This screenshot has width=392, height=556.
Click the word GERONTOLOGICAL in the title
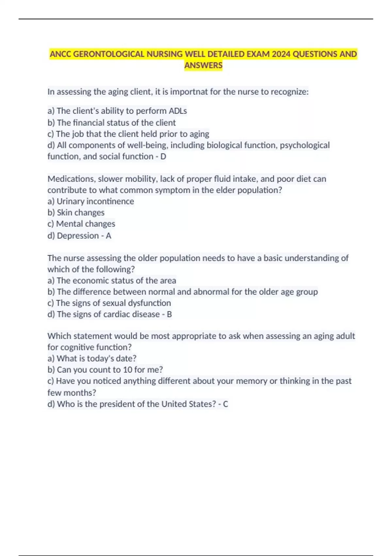(109, 54)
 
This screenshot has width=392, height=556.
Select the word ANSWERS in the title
(203, 65)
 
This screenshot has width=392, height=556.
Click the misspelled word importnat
(189, 92)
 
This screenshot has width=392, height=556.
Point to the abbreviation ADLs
(178, 111)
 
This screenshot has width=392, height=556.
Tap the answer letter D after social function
(163, 156)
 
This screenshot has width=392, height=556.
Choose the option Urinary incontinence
(95, 201)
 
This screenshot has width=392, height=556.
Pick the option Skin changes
(80, 213)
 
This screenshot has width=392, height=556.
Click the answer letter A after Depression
(108, 235)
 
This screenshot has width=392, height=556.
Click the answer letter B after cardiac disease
(169, 314)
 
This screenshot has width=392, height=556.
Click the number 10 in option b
(127, 370)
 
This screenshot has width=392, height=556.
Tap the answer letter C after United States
(225, 404)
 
